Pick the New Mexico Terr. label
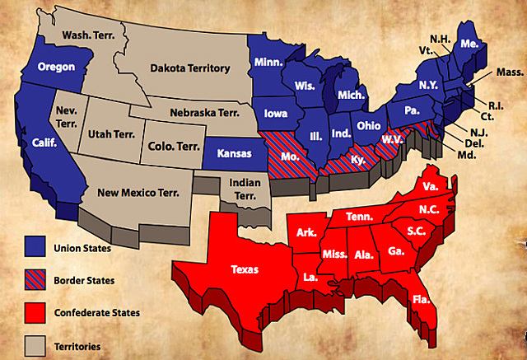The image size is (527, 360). tap(138, 193)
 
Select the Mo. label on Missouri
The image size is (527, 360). tap(287, 154)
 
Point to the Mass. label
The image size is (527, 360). tap(507, 73)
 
